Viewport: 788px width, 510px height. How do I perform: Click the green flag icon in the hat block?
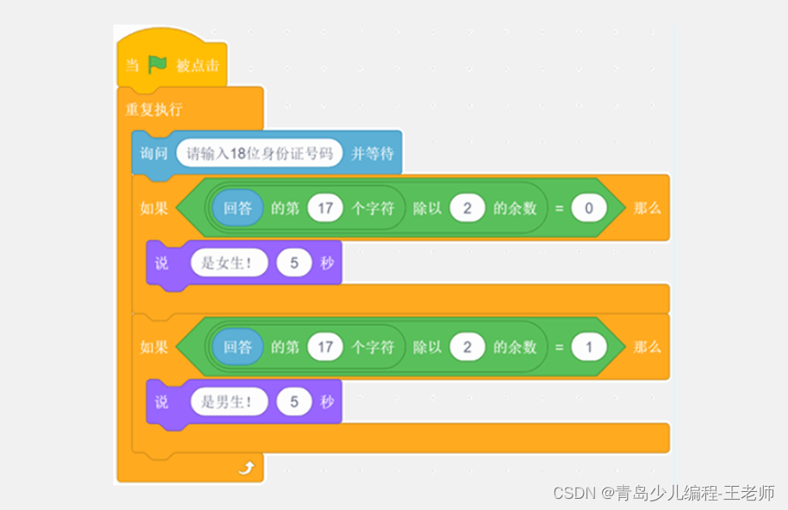point(158,65)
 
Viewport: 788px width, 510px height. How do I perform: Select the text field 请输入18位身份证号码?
point(259,153)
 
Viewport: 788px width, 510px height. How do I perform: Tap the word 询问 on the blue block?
point(154,153)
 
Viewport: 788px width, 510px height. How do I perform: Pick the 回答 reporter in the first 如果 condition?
point(238,208)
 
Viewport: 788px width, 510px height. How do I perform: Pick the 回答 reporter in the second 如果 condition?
point(238,347)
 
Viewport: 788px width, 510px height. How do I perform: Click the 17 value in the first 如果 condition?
point(325,208)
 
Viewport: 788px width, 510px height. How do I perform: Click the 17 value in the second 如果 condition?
point(325,347)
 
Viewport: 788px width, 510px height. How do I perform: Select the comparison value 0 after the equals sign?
point(589,208)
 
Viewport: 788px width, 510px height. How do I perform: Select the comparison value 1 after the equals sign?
point(589,347)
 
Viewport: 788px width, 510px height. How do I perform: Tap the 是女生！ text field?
point(228,263)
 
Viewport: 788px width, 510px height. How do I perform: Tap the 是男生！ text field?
point(228,401)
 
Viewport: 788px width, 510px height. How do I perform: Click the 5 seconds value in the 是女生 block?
point(294,263)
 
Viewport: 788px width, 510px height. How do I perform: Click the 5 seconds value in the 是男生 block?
point(294,401)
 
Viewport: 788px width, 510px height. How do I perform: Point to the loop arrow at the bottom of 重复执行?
point(246,468)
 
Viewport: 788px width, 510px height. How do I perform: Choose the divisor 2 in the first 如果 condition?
point(468,208)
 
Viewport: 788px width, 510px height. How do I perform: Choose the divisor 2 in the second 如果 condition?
point(468,347)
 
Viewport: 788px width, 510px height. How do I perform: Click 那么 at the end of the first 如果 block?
point(647,208)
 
